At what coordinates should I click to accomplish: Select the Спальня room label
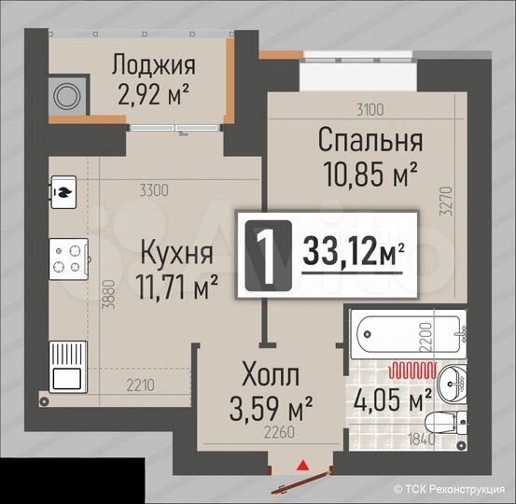pyautogui.click(x=370, y=141)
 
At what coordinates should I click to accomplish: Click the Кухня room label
pyautogui.click(x=177, y=252)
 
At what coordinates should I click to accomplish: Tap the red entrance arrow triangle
pyautogui.click(x=301, y=464)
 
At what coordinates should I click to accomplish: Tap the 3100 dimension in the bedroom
pyautogui.click(x=370, y=109)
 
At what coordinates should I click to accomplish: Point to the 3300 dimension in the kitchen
pyautogui.click(x=154, y=191)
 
